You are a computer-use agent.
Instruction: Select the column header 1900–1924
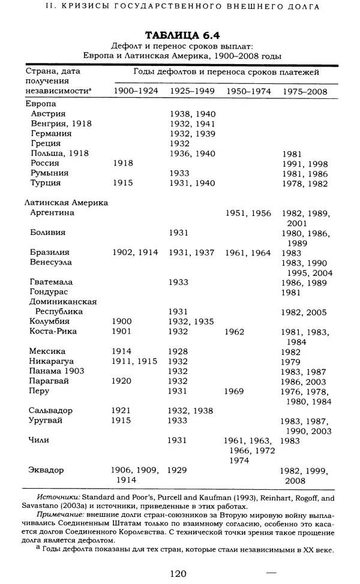pos(136,91)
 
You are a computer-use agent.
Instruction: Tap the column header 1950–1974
pos(248,91)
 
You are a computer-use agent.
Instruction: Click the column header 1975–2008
pos(305,91)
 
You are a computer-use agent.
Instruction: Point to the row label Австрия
pos(49,113)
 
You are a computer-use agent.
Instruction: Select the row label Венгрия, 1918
pos(61,124)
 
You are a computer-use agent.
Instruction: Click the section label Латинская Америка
pos(67,203)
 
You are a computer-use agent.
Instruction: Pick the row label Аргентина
pos(52,213)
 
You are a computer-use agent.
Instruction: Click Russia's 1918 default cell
pos(123,163)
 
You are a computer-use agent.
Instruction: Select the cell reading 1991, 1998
pos(305,163)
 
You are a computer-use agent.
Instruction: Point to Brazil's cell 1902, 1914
pos(136,252)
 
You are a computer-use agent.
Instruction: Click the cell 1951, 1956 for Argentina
pos(248,213)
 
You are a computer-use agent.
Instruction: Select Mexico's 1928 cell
pos(180,351)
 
